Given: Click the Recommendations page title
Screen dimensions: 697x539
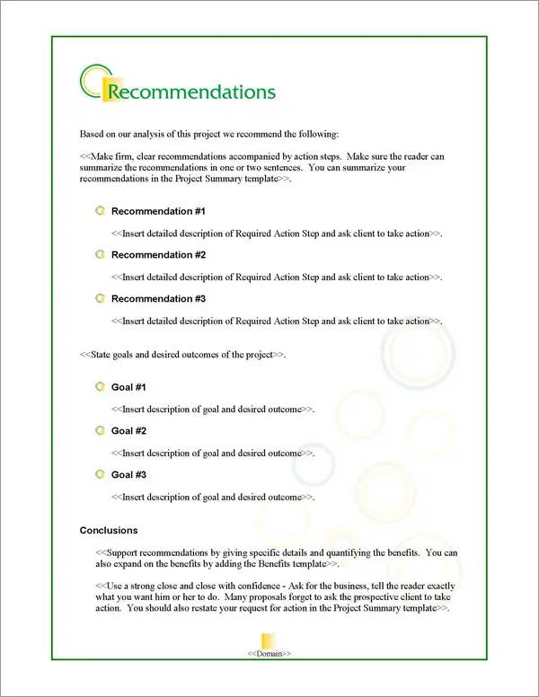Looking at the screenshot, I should pos(190,92).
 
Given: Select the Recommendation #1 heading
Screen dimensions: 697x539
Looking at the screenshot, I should pos(158,211).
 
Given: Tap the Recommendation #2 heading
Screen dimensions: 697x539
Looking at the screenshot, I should pos(158,255).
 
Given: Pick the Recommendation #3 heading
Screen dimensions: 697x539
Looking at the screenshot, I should pos(158,299).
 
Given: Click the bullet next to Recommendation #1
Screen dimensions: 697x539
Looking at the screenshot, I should pos(100,211).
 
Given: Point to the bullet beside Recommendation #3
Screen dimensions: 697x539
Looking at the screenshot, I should pos(100,299).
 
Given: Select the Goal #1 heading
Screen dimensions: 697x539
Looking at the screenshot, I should pos(128,387).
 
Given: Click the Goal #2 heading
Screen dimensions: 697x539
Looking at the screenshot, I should pos(128,431).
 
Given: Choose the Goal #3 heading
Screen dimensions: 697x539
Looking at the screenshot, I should pos(128,474).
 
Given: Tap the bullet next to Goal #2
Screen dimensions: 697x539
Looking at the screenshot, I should pos(100,431).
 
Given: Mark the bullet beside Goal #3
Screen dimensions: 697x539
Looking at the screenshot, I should pos(100,474).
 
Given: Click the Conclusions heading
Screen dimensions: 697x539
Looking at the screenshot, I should pos(109,531).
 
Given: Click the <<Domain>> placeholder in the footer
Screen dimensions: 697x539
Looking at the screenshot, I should pos(269,653).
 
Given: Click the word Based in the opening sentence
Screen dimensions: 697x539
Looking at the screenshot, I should pos(93,135).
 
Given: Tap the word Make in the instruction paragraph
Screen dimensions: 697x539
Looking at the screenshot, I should pos(102,156).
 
